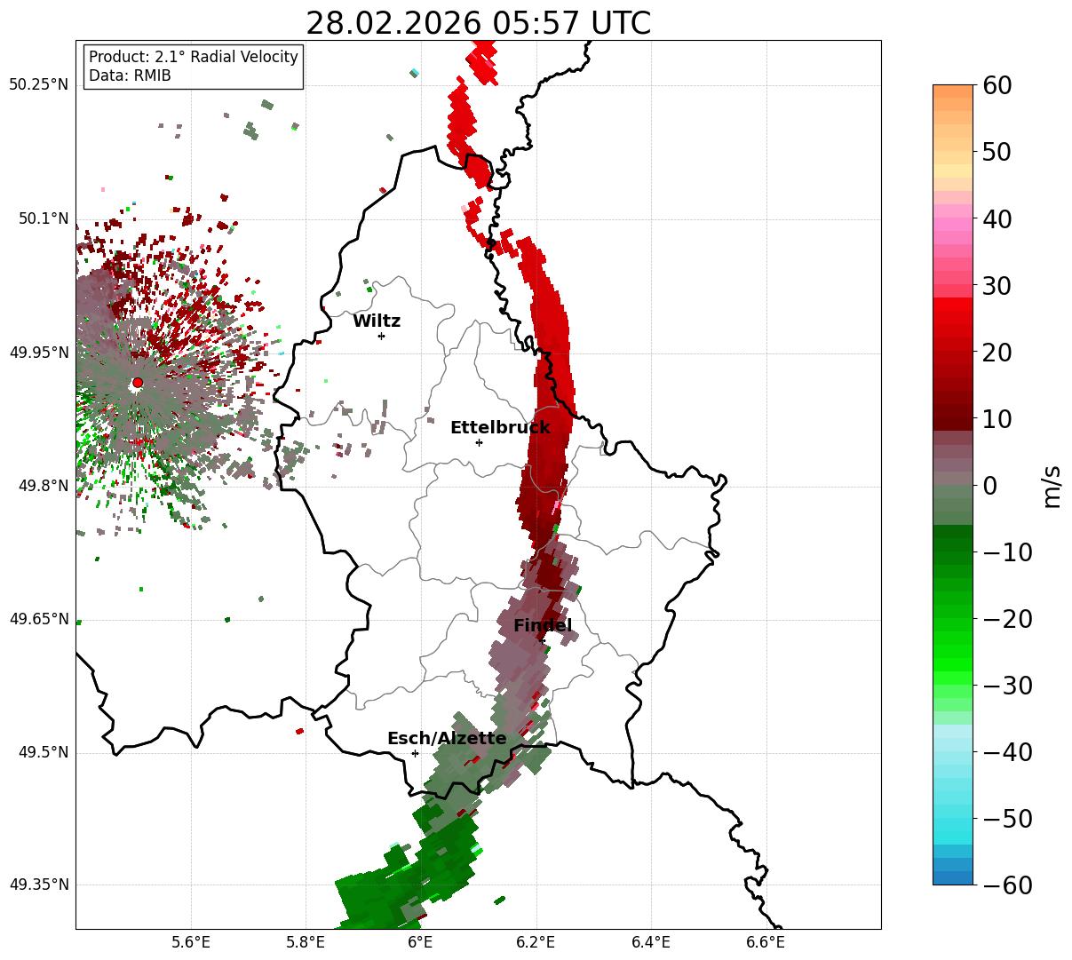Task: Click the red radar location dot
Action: click(x=137, y=383)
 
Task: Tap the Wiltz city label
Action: click(x=377, y=321)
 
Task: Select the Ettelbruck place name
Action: click(x=500, y=428)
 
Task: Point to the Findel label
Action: click(x=543, y=626)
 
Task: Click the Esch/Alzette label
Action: click(x=447, y=739)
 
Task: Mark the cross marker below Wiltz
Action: click(x=381, y=336)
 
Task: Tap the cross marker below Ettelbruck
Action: click(x=479, y=442)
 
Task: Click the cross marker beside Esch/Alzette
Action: click(x=415, y=753)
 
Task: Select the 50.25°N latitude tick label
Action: click(x=39, y=85)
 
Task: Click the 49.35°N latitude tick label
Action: click(x=39, y=885)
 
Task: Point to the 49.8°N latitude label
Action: click(x=43, y=486)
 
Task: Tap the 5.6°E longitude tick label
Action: click(x=190, y=942)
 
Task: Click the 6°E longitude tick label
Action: click(x=420, y=942)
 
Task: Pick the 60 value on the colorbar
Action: click(x=998, y=85)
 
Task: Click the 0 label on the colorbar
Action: click(x=989, y=486)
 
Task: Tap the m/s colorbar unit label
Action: click(x=1052, y=486)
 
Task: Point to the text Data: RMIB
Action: click(x=130, y=75)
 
